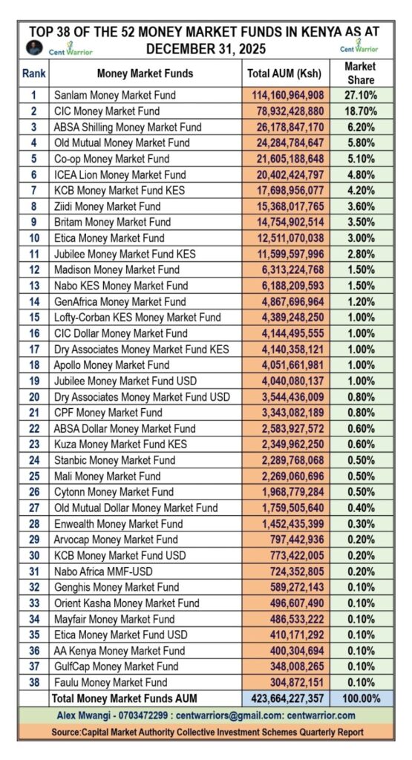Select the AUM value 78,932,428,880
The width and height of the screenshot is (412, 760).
click(x=282, y=111)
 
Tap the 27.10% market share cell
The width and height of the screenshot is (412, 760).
click(x=360, y=95)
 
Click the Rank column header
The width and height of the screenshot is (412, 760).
click(x=33, y=73)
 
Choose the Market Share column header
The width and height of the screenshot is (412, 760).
click(x=360, y=73)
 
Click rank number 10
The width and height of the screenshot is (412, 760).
click(x=33, y=237)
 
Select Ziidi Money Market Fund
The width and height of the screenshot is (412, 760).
click(x=107, y=206)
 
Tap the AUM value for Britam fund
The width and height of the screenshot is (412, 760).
click(x=282, y=222)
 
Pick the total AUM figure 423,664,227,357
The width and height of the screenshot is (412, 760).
click(x=282, y=698)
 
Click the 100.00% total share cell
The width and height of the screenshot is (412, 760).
click(x=360, y=698)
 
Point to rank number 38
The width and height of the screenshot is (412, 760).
click(x=33, y=682)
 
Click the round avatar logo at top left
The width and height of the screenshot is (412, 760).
click(x=32, y=46)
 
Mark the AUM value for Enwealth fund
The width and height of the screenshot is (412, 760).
click(x=282, y=524)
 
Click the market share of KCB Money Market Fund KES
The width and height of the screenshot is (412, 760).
click(x=360, y=190)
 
